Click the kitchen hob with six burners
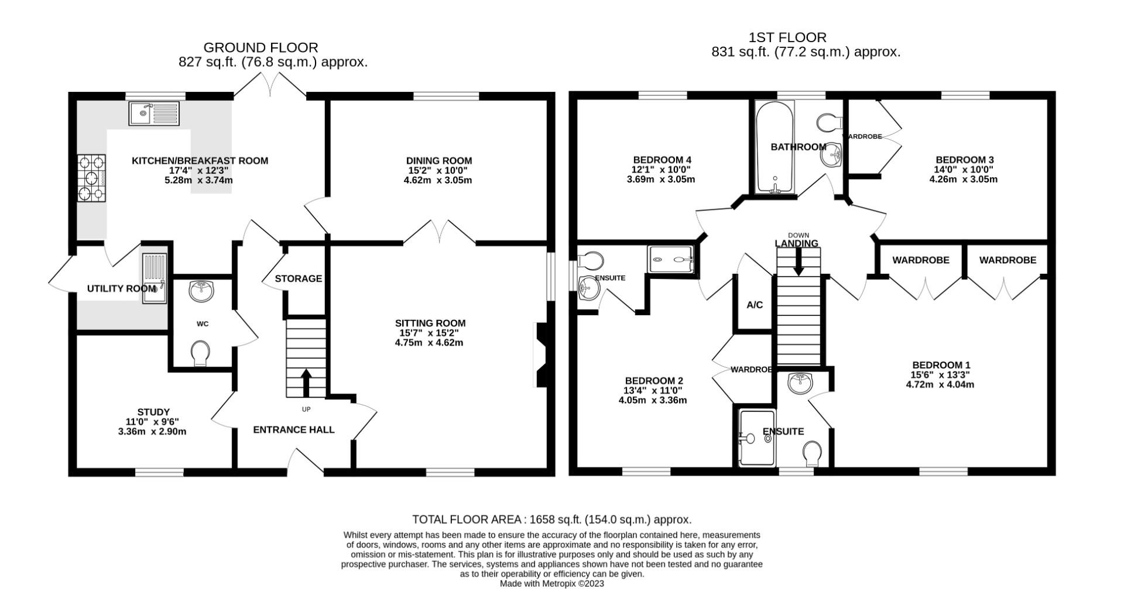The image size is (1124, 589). pos(92,177)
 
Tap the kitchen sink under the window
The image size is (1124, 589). pos(154,113)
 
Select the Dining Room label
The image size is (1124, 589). pos(438,161)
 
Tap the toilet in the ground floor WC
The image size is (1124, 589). pos(201,353)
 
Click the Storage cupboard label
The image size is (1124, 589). pos(299,278)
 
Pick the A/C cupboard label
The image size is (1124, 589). pos(755,305)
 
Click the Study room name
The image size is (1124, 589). pos(153,412)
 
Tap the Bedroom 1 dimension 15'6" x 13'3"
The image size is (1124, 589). pos(940,375)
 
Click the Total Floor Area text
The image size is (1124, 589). pos(551,519)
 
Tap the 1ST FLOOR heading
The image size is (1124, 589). pos(787,37)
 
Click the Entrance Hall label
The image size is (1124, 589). pos(294,430)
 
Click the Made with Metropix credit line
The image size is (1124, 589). pos(551,583)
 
